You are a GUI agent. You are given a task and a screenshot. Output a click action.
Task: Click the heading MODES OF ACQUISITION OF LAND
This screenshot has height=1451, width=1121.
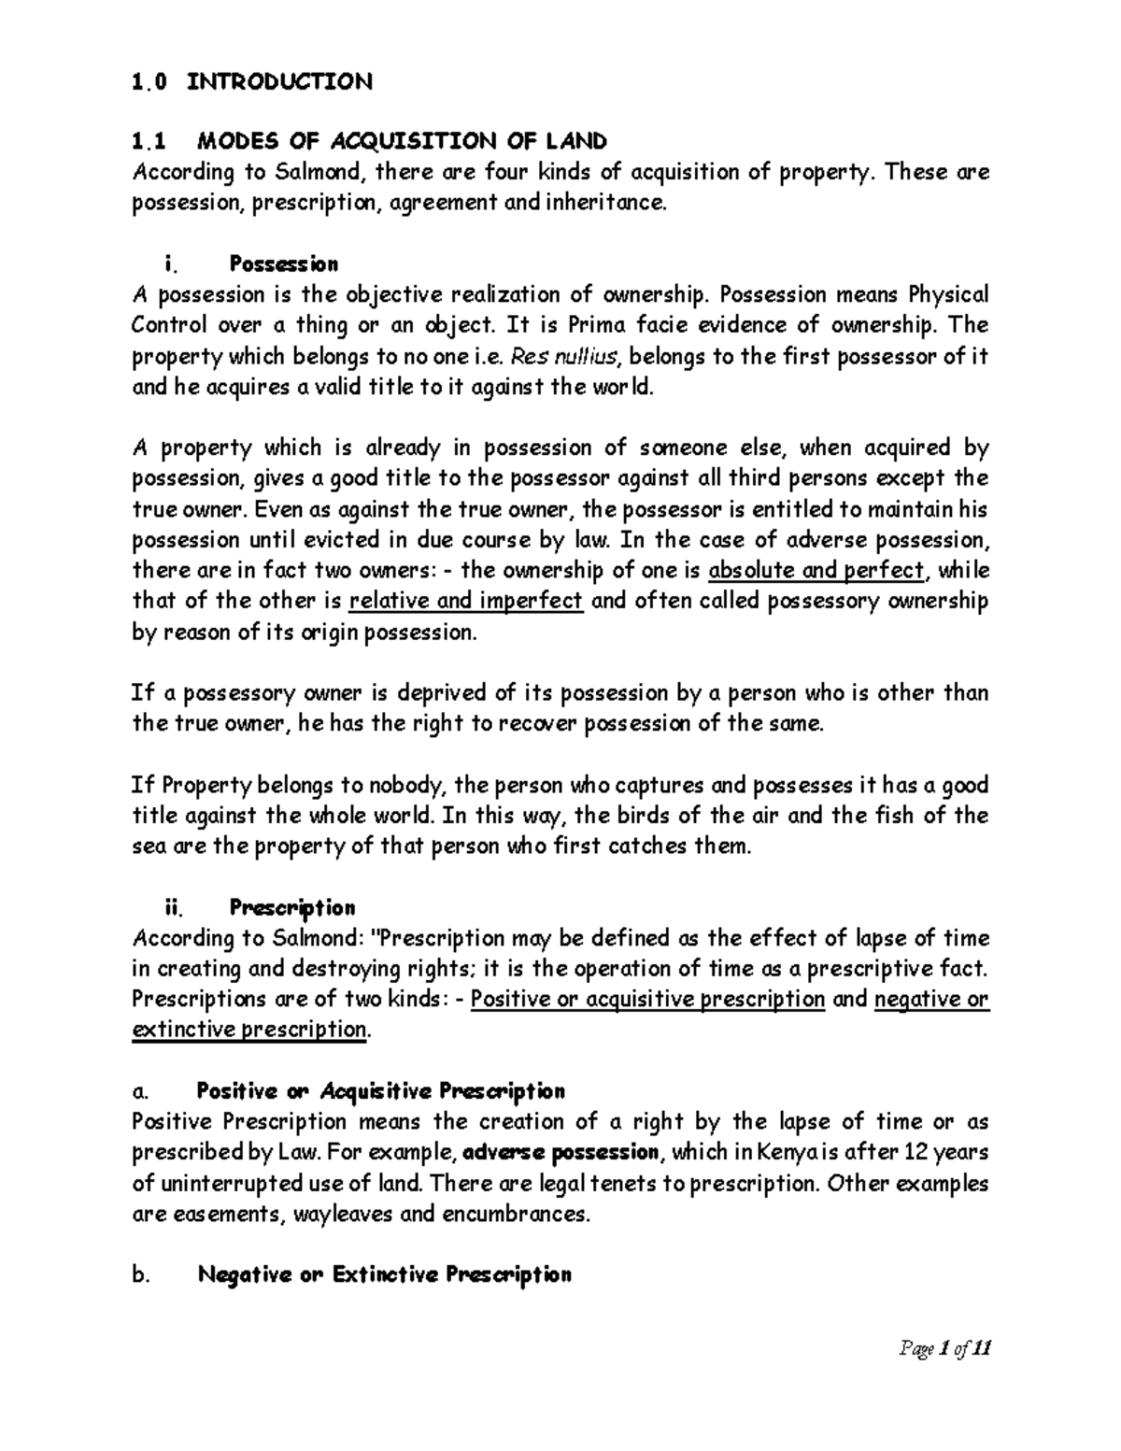[401, 141]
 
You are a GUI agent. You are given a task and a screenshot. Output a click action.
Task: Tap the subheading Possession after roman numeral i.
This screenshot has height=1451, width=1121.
[284, 264]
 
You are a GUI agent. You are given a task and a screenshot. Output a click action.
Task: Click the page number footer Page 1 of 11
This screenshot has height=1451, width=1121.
[944, 1348]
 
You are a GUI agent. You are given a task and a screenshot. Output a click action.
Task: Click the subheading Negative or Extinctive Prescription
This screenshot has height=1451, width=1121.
[384, 1274]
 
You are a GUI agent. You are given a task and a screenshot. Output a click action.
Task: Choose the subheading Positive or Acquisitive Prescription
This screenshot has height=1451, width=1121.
[380, 1091]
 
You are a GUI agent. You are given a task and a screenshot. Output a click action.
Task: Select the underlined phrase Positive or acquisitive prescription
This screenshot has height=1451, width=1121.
[647, 999]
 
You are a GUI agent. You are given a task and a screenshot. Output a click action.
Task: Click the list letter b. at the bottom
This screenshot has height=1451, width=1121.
[142, 1275]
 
